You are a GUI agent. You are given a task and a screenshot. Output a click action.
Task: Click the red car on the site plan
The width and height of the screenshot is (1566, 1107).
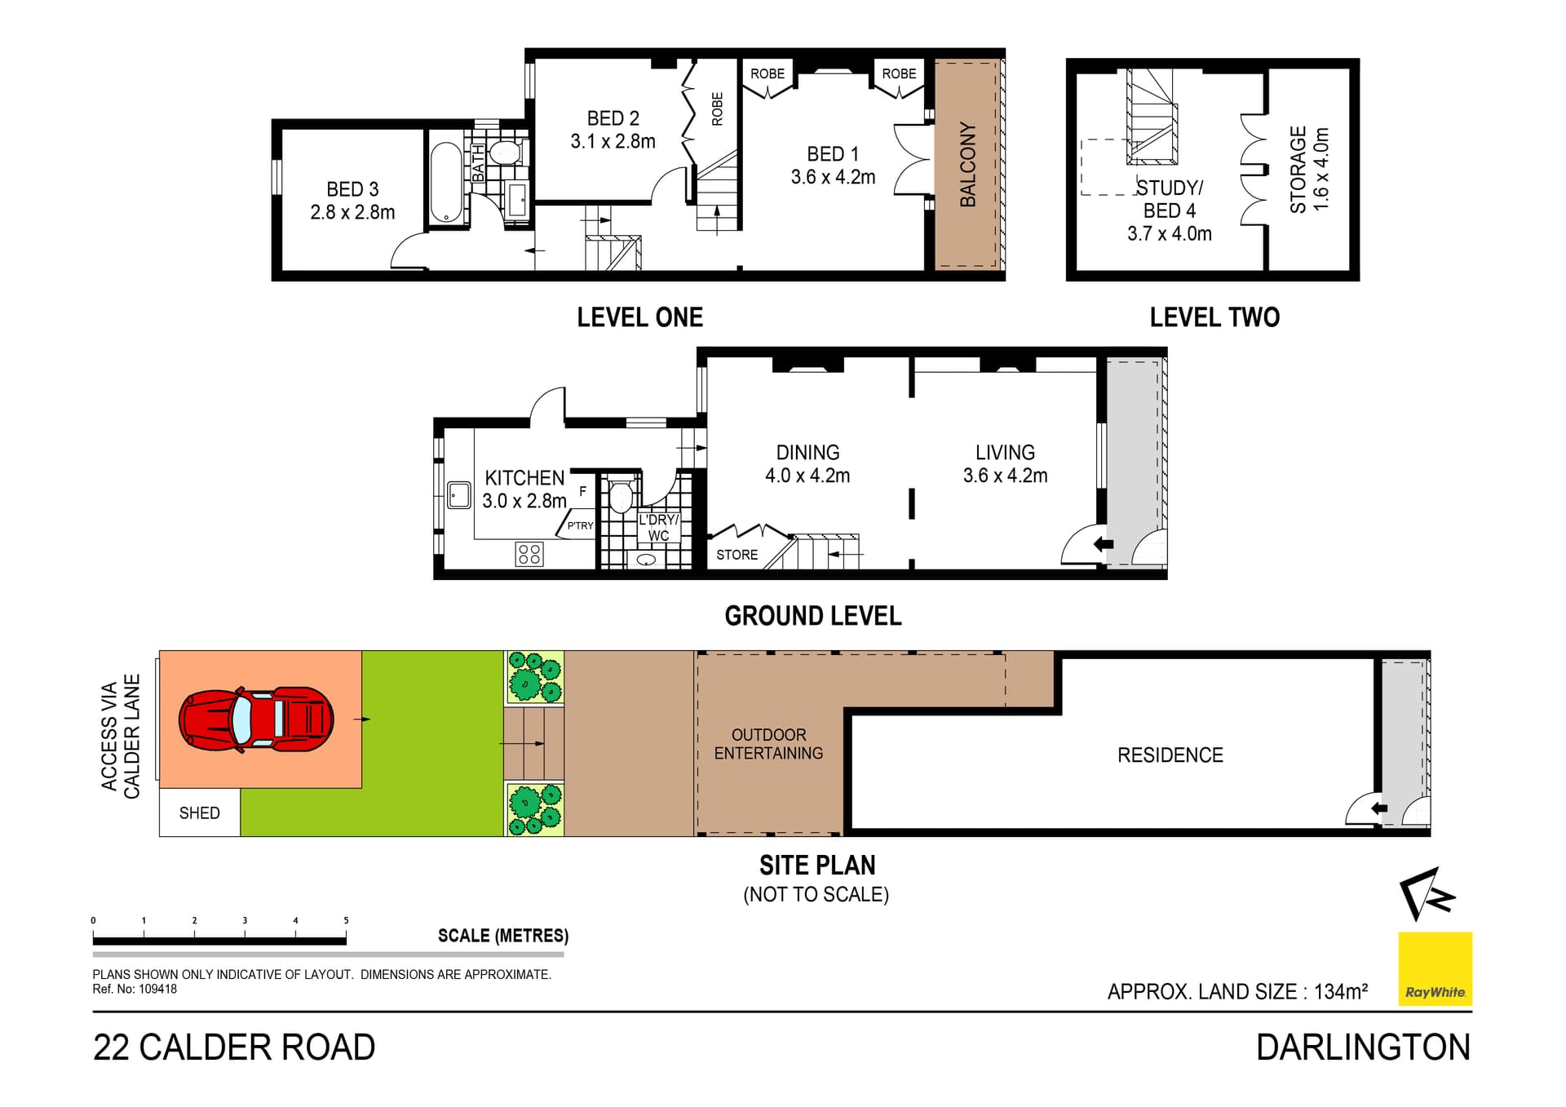(x=256, y=720)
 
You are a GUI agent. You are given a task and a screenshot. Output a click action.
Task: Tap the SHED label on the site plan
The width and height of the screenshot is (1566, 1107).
(x=199, y=813)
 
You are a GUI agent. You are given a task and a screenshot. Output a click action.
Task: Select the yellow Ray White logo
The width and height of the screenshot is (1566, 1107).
(x=1435, y=968)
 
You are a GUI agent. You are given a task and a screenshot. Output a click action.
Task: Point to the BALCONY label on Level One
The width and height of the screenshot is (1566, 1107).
(x=967, y=164)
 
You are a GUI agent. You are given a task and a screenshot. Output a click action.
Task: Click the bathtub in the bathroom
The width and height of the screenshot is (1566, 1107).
(x=446, y=182)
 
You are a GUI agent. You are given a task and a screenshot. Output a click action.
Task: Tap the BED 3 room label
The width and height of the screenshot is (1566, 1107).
(x=352, y=201)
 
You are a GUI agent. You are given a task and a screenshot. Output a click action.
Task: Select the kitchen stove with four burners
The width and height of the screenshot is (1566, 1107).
(x=529, y=554)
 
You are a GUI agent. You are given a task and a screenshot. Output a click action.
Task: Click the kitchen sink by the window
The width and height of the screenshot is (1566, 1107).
(x=459, y=494)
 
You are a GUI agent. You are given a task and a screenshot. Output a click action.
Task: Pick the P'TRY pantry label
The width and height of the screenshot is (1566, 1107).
(x=580, y=525)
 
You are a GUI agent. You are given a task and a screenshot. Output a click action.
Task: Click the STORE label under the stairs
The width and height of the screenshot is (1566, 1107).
(x=737, y=555)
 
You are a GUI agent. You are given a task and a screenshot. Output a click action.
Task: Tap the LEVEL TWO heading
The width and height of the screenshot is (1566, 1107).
(x=1214, y=317)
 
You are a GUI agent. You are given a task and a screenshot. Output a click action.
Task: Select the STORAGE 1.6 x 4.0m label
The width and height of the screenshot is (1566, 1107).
(x=1308, y=170)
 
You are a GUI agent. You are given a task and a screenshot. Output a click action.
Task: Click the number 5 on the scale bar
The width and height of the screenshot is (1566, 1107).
(x=346, y=920)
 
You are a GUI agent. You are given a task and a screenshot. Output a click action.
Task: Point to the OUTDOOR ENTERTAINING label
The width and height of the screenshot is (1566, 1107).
(x=768, y=744)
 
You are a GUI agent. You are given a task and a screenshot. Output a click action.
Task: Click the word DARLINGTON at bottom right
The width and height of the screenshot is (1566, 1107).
(x=1362, y=1047)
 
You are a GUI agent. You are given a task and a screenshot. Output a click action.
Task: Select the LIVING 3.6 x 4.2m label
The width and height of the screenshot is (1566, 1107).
(x=1005, y=464)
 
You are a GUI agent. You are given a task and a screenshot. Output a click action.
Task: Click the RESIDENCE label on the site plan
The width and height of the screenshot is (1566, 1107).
(x=1170, y=755)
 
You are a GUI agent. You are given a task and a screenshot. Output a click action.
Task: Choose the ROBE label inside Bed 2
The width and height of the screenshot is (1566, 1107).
(x=717, y=108)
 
